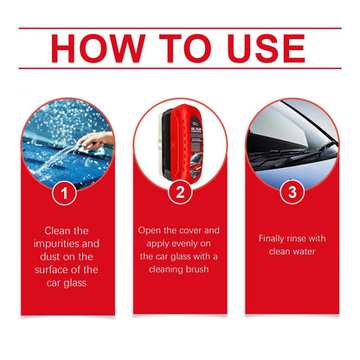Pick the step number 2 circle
point(180,194)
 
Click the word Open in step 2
point(152,231)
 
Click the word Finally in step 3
point(277,237)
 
